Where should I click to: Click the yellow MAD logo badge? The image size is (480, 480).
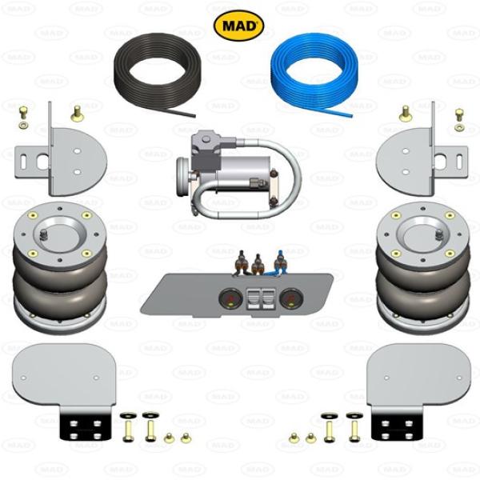pyautogui.click(x=238, y=26)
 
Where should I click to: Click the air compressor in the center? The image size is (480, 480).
pyautogui.click(x=238, y=174)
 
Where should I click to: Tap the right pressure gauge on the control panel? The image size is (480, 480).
pyautogui.click(x=291, y=298)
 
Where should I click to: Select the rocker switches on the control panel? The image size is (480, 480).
pyautogui.click(x=261, y=298)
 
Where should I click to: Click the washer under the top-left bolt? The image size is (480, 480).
pyautogui.click(x=22, y=125)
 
